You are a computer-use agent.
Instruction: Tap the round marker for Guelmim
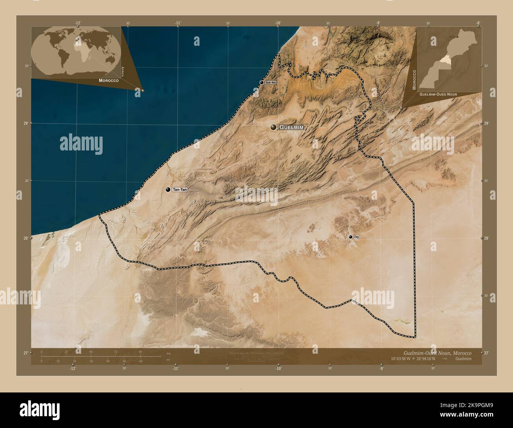pos(273,127)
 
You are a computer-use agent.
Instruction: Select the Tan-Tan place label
pos(180,190)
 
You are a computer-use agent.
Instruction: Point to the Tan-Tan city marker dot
pos(169,190)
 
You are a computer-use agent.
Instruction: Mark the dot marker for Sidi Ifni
pos(262,83)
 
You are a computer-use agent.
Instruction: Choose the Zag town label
pos(356,237)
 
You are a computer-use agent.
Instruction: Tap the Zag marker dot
pos(350,237)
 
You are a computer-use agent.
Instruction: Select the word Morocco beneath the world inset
pos(109,81)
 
